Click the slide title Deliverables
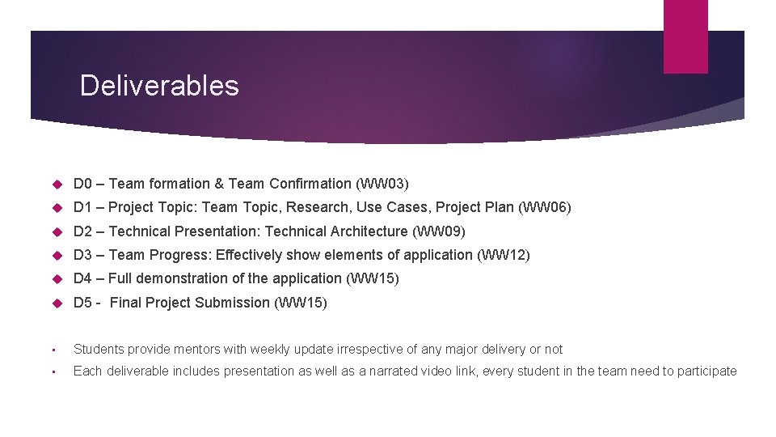point(159,85)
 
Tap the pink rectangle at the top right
point(685,36)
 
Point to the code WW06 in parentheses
point(546,207)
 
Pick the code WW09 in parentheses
point(439,231)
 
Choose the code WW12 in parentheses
point(504,255)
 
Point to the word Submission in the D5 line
point(234,303)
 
